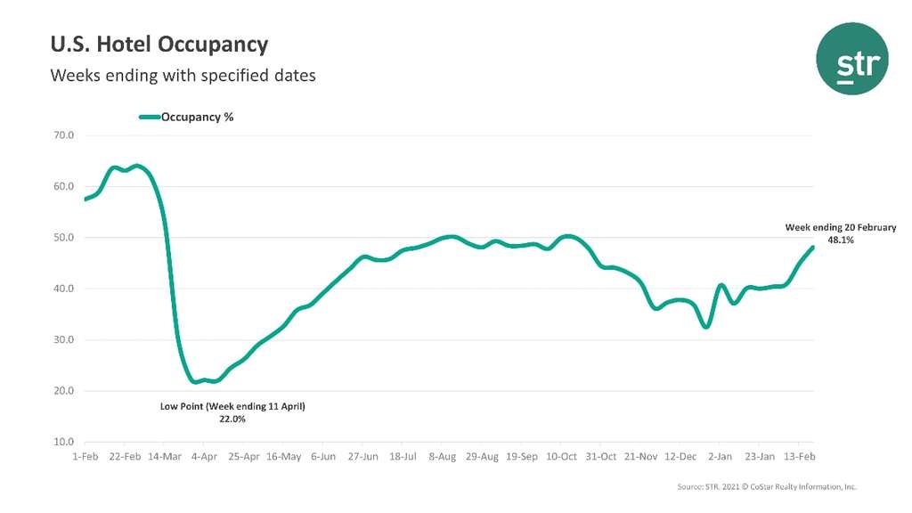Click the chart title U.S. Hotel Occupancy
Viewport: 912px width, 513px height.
(159, 44)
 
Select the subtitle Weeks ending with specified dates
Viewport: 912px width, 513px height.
(183, 76)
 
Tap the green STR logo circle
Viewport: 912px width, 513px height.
(852, 59)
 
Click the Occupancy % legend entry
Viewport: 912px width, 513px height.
(197, 117)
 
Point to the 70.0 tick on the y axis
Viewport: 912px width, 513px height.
(63, 135)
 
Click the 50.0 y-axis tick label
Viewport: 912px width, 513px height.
(63, 238)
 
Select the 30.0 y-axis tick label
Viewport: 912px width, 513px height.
(63, 340)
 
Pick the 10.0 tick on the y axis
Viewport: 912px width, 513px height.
(63, 442)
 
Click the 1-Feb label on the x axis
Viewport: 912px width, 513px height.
(85, 457)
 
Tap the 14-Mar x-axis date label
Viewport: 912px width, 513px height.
(165, 457)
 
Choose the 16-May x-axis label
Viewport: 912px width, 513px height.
(283, 457)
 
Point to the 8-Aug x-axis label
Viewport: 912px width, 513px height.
(443, 457)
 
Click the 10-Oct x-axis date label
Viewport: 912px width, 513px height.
(562, 457)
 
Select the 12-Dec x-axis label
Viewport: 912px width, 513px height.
(681, 457)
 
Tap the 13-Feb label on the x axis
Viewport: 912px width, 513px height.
(800, 457)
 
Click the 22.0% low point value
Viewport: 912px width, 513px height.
(232, 419)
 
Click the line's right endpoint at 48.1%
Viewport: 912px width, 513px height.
(812, 248)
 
